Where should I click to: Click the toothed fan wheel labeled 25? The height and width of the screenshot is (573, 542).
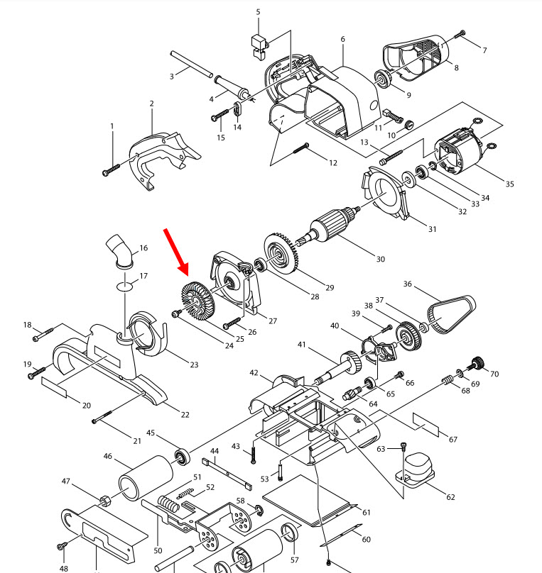[x=199, y=302]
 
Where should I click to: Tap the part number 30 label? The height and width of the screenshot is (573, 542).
[x=380, y=259]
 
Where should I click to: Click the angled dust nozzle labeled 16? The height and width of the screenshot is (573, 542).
[x=119, y=251]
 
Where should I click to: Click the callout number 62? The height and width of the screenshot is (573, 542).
[x=450, y=496]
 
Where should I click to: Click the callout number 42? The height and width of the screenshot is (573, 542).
[x=254, y=373]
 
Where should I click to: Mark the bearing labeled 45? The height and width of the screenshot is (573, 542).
[x=183, y=455]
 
